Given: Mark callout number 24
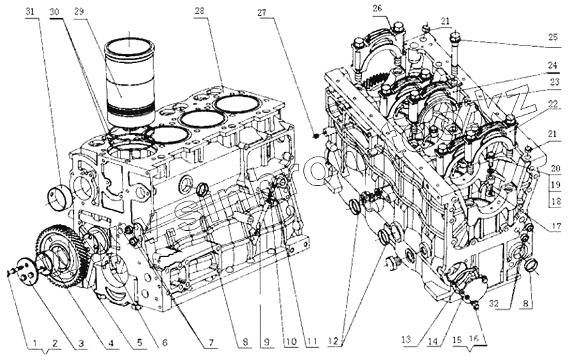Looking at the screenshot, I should tap(552, 66).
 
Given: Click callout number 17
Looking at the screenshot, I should tap(556, 226).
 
